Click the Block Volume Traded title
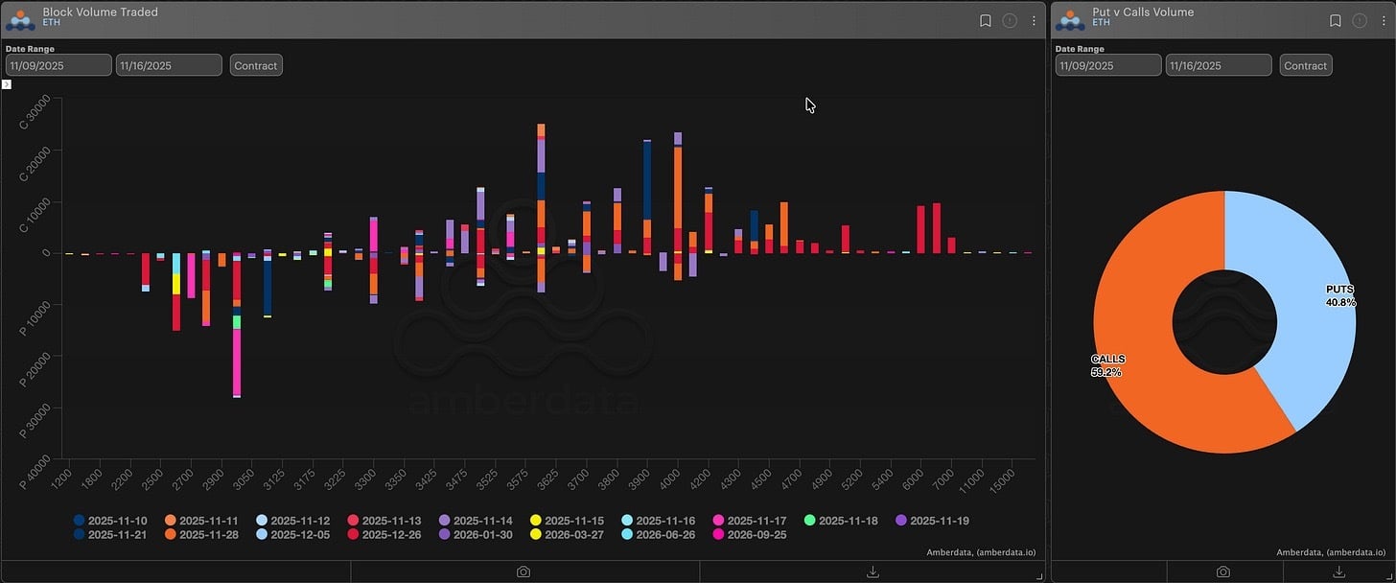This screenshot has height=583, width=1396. click(101, 12)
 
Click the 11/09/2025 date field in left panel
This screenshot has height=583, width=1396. click(58, 65)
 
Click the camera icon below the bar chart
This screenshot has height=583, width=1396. click(523, 571)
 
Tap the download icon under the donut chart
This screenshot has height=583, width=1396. click(1338, 571)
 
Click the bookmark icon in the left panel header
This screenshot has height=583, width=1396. click(985, 20)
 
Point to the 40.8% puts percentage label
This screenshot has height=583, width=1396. click(1341, 303)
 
